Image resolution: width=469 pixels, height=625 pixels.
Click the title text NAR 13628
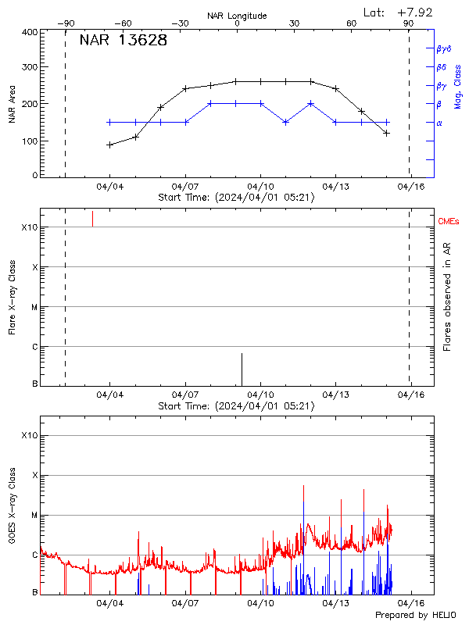pyautogui.click(x=123, y=41)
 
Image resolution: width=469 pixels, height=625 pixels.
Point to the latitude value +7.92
pyautogui.click(x=416, y=12)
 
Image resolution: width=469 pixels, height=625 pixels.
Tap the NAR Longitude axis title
pyautogui.click(x=237, y=16)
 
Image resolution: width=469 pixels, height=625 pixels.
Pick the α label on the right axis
pyautogui.click(x=439, y=123)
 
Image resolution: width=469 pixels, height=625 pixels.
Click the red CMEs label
pyautogui.click(x=449, y=222)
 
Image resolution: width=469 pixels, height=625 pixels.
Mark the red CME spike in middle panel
pyautogui.click(x=92, y=218)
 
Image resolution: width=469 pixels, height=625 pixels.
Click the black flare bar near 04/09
pyautogui.click(x=242, y=369)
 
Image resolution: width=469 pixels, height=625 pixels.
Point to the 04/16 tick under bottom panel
pyautogui.click(x=411, y=603)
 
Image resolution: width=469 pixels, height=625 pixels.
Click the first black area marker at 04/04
pyautogui.click(x=110, y=145)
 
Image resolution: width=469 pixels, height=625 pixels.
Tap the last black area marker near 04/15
pyautogui.click(x=386, y=134)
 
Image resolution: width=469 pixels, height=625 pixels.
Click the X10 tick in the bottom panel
pyautogui.click(x=29, y=435)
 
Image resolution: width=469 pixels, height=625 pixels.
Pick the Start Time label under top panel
pyautogui.click(x=236, y=198)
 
